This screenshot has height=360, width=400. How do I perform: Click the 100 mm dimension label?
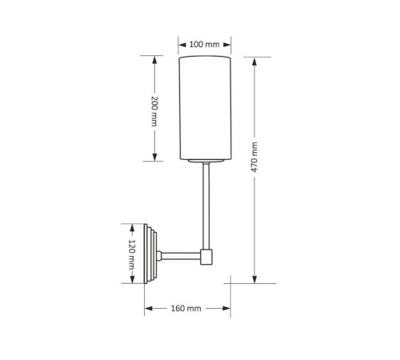pyautogui.click(x=204, y=44)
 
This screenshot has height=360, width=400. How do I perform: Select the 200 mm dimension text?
pyautogui.click(x=154, y=111)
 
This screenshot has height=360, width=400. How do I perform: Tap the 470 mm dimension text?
pyautogui.click(x=254, y=157)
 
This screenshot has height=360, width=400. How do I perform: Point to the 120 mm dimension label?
pyautogui.click(x=132, y=254)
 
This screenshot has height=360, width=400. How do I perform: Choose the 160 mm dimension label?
pyautogui.click(x=186, y=309)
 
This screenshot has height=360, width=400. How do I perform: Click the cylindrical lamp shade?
pyautogui.click(x=205, y=108)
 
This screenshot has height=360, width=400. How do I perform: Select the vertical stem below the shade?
pyautogui.click(x=206, y=206)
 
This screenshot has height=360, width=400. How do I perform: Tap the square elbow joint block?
pyautogui.click(x=206, y=257)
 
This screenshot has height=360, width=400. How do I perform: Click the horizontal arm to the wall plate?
pyautogui.click(x=181, y=256)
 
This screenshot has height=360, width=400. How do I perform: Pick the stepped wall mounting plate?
pyautogui.click(x=150, y=254)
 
